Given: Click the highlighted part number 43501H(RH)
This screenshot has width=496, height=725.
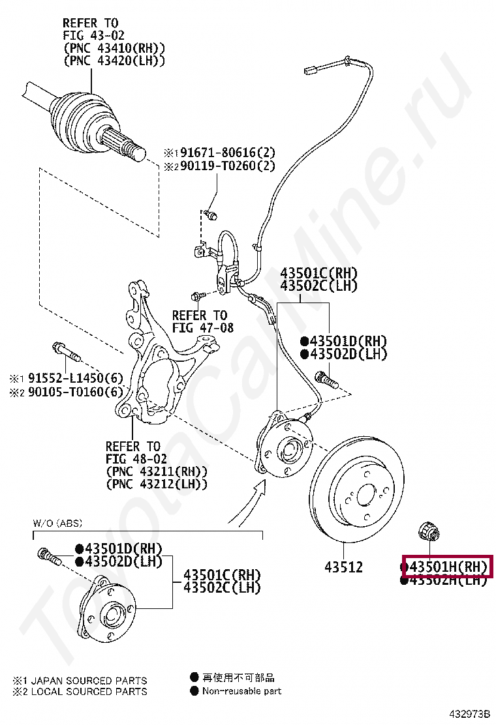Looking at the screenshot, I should pos(448,567).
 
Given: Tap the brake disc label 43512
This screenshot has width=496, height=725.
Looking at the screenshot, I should pos(343,567).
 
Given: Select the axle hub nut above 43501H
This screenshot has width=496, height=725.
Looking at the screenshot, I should pos(429,531).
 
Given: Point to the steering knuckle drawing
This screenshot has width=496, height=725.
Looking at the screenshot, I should pos(157,365).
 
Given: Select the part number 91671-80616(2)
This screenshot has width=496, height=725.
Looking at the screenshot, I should pos(228,153).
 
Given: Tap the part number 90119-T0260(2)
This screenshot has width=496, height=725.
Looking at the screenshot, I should pos(228,166).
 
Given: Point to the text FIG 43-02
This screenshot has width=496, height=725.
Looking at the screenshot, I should pos(93,35).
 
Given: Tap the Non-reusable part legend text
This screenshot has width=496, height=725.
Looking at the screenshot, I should pos(241,691).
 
